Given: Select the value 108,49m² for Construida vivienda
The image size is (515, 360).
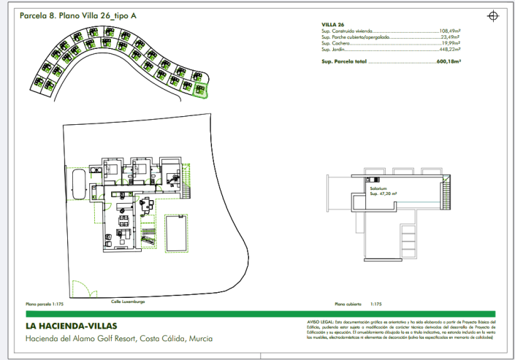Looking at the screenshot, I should [454, 31].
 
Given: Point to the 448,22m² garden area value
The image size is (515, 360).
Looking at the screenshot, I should [454, 49].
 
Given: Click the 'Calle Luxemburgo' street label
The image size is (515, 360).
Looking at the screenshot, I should [128, 301].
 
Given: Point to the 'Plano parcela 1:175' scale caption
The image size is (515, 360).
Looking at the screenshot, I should [45, 303].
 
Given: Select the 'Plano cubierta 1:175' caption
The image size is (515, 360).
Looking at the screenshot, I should [358, 304].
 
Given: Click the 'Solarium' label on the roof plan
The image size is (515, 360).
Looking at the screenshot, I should [378, 188].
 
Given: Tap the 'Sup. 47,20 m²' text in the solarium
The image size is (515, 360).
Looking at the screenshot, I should [383, 194].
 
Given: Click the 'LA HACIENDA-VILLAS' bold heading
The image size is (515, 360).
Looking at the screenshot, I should [71, 326].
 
